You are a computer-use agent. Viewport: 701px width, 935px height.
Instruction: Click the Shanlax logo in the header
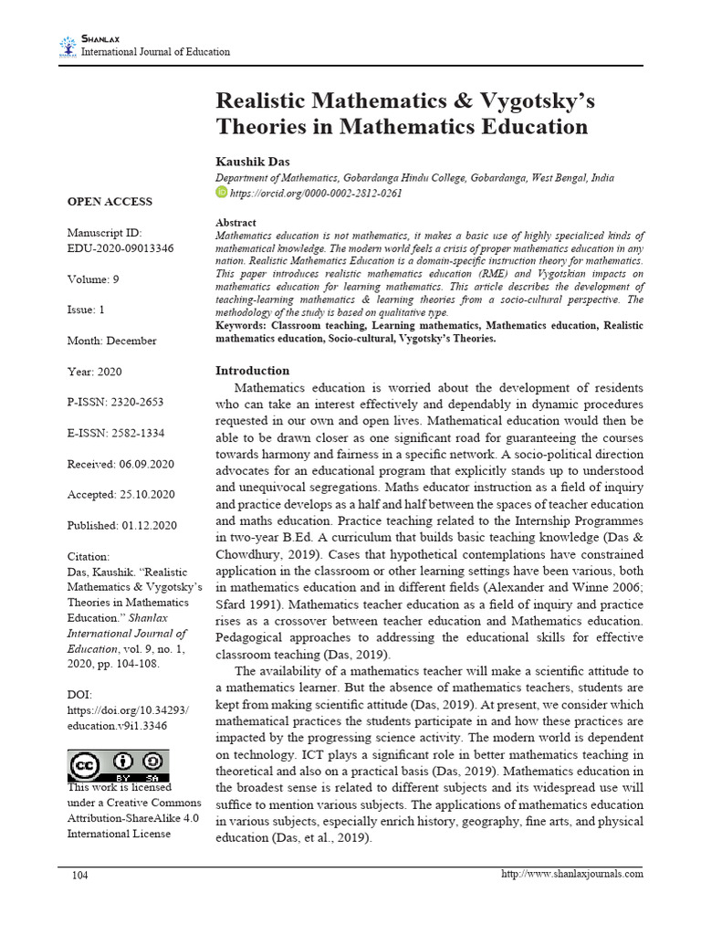(68, 46)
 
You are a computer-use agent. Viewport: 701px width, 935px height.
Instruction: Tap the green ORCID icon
(221, 193)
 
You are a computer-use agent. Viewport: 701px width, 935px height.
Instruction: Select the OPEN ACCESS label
(110, 202)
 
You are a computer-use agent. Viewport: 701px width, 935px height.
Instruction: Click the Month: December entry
(111, 341)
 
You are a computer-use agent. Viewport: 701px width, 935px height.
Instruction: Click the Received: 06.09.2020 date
(120, 465)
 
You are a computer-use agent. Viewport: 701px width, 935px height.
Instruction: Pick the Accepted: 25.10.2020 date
(120, 495)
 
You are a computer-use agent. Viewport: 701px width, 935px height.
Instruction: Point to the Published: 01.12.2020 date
(121, 526)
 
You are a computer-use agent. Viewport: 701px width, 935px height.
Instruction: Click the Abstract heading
(235, 223)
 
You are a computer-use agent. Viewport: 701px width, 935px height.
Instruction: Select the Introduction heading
(252, 371)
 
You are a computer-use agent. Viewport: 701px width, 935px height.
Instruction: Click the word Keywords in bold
(242, 326)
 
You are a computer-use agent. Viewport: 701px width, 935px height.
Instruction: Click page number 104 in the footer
(80, 875)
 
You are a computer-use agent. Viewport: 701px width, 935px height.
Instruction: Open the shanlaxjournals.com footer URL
(572, 874)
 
